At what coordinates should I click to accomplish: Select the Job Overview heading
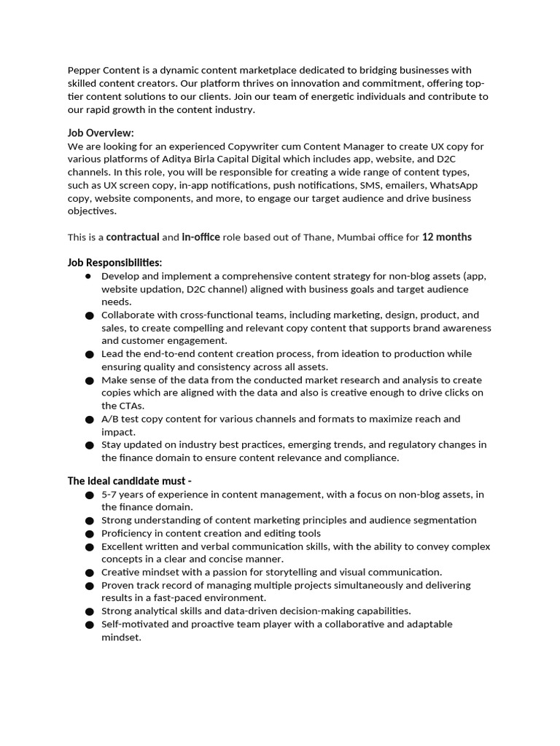[x=101, y=133]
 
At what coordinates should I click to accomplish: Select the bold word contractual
[x=133, y=237]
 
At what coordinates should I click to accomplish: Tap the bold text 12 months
[x=447, y=237]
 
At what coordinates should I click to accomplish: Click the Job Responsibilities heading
[x=115, y=262]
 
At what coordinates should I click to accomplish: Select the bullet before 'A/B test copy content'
[x=89, y=420]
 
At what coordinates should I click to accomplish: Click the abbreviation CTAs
[x=131, y=406]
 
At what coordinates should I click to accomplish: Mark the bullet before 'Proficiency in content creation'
[x=89, y=534]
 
